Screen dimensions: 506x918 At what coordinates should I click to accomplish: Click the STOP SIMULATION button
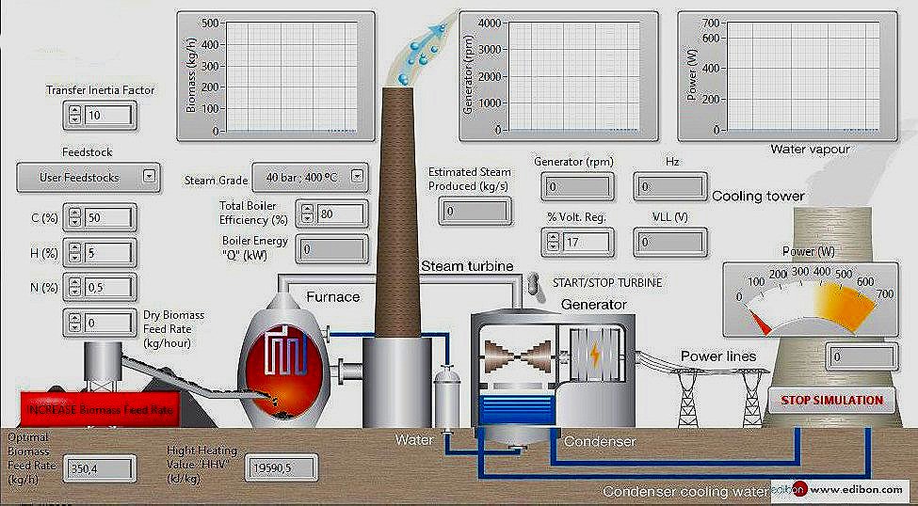coord(832,400)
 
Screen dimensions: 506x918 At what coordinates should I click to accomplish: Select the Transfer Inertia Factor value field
coord(108,115)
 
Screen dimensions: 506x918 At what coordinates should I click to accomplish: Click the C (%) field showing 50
coord(108,217)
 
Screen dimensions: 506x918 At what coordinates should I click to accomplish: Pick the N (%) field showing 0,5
coord(108,287)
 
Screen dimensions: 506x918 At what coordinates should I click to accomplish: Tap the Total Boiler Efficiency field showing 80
coord(341,213)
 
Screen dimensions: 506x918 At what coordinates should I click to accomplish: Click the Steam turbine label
coord(466,266)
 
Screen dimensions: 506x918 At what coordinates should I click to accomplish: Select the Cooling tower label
coord(758,196)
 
